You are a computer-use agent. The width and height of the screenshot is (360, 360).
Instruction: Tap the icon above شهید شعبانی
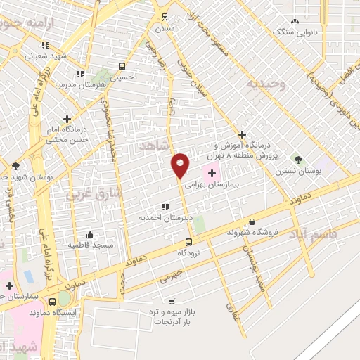tap(46, 45)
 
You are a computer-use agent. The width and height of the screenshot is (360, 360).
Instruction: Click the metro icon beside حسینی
tap(122, 67)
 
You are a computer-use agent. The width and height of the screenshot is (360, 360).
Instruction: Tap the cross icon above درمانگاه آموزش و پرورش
tap(242, 134)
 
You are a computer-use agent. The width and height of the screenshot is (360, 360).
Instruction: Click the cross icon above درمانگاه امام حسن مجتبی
tap(67, 119)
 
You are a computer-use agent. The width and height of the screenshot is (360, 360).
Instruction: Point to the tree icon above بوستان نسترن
tap(298, 160)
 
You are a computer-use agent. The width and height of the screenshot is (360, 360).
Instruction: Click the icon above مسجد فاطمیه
tap(90, 234)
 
